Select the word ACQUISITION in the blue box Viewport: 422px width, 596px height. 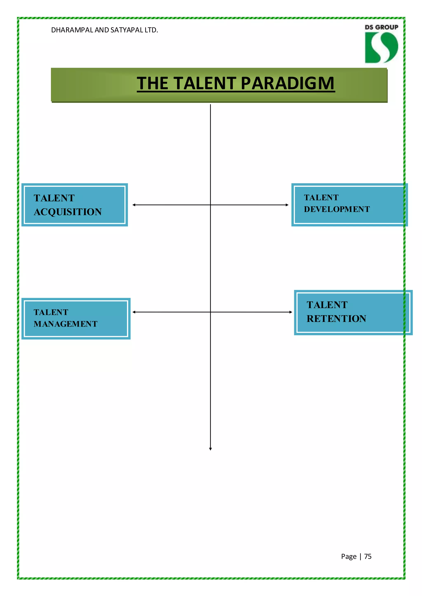coord(68,212)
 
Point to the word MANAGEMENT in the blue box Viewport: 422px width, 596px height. coord(66,324)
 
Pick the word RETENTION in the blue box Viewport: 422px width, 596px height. coord(336,319)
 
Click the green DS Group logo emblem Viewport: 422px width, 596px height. coord(381,47)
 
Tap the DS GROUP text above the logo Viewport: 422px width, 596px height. coord(381,27)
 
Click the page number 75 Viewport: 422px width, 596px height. coord(368,556)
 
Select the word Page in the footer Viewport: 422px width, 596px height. coord(348,556)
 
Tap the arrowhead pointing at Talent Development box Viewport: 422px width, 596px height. coord(287,205)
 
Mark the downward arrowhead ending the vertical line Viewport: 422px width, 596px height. coord(210,449)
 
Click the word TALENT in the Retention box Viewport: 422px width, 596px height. coord(327,305)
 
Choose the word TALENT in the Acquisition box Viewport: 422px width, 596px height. coord(54,198)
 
